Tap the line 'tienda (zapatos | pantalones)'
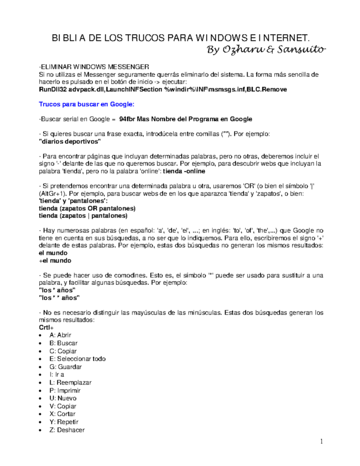tap(84, 216)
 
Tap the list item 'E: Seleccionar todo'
tap(78, 359)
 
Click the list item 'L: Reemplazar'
tap(71, 382)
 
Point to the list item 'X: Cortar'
tap(64, 414)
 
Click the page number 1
tap(321, 441)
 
